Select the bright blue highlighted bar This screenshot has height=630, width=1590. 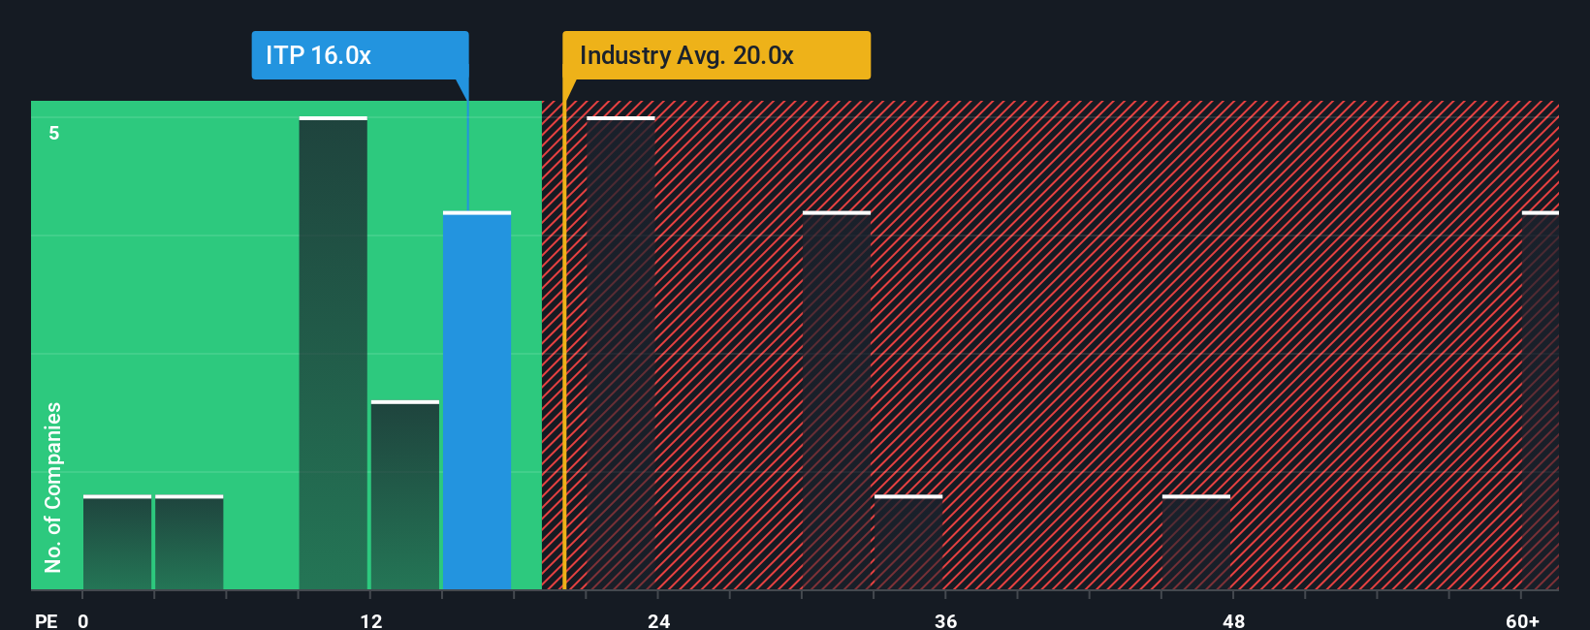click(477, 400)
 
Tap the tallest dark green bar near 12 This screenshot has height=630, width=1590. click(333, 354)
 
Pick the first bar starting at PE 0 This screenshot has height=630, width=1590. click(117, 543)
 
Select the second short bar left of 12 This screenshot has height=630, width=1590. click(189, 543)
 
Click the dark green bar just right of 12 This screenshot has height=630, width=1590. click(405, 495)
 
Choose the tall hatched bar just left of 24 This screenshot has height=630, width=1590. click(620, 354)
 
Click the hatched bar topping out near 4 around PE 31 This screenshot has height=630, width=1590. click(836, 400)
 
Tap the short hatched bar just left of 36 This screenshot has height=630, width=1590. click(908, 543)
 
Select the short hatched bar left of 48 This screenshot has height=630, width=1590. click(1196, 543)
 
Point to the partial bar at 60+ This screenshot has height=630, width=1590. click(1541, 400)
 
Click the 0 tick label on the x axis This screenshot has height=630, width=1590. click(83, 621)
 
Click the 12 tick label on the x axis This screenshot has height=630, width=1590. click(371, 621)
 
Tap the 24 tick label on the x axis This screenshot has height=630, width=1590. click(659, 621)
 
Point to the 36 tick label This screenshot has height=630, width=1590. click(946, 621)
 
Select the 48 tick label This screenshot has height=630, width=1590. click(1234, 621)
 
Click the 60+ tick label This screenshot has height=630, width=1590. click(1522, 621)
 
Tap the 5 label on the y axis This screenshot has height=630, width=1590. click(54, 133)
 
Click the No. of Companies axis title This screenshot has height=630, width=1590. click(53, 488)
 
